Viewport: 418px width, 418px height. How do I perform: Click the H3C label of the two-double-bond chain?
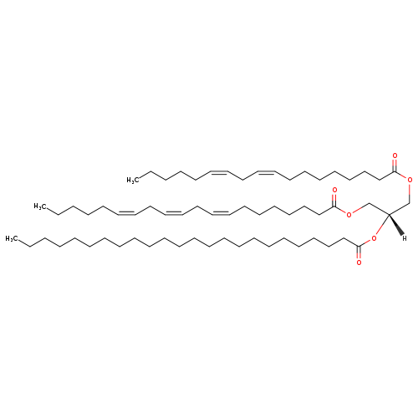coord(133,181)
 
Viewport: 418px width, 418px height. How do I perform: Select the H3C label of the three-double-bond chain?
coord(40,206)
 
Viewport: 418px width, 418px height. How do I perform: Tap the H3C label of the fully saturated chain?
coord(12,239)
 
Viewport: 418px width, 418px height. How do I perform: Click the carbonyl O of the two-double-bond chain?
coord(395,155)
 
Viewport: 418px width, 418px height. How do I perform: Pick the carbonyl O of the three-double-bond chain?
coord(334,191)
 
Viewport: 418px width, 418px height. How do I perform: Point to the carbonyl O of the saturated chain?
coord(359,263)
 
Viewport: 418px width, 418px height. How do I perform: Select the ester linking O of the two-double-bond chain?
coord(410,180)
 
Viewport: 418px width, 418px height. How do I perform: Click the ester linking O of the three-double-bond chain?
coord(349,215)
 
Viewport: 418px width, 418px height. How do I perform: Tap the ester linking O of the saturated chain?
coord(374,238)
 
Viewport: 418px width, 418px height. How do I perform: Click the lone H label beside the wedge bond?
coord(405,238)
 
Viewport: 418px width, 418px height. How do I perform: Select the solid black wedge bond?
coord(396,225)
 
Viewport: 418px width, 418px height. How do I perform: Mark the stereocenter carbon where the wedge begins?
coord(389,214)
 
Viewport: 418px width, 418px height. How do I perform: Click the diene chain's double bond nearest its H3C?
coord(219,172)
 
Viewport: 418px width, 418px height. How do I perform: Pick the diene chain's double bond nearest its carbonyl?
coord(267,172)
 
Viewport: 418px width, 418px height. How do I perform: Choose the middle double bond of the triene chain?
coord(174,212)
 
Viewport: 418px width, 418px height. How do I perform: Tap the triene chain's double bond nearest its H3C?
coord(127,212)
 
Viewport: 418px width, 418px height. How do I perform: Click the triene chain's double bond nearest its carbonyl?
coord(221,212)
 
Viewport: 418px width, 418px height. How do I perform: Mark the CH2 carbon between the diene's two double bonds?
coord(243,180)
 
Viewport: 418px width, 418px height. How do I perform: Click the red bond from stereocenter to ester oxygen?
coord(382,225)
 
